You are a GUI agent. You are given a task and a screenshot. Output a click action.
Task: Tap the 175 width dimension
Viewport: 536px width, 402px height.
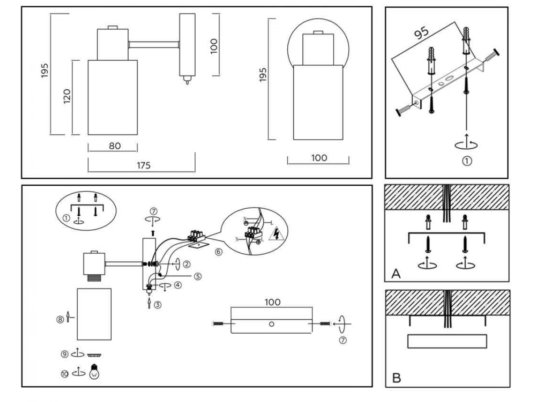(143, 165)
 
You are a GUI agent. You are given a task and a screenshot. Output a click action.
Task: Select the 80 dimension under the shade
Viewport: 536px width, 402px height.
(115, 146)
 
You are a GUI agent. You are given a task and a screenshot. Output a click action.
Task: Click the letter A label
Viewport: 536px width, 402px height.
(396, 273)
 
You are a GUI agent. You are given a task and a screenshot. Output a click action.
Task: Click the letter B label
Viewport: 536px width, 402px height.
(396, 378)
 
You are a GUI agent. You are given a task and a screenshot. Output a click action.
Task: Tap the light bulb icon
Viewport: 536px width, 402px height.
(94, 371)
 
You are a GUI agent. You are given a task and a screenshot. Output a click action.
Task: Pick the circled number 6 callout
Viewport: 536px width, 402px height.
(218, 252)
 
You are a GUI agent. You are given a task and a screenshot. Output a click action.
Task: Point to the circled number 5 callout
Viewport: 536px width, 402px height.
(198, 276)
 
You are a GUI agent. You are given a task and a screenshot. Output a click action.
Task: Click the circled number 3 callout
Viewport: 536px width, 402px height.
(157, 306)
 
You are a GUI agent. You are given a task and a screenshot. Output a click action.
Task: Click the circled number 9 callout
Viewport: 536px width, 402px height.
(64, 354)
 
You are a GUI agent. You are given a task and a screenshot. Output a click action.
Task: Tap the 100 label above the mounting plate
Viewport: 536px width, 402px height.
(272, 302)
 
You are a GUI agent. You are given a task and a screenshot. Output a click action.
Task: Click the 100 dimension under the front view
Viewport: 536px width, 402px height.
(318, 158)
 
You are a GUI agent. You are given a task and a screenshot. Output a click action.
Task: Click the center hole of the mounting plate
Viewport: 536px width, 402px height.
(272, 324)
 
